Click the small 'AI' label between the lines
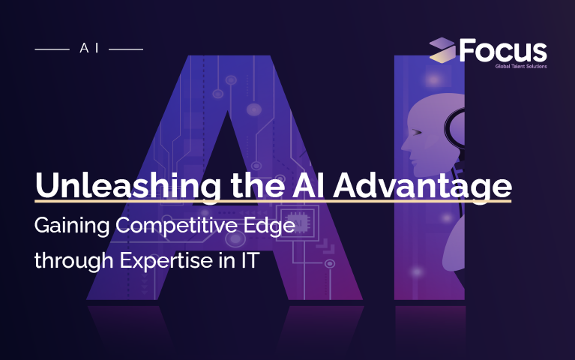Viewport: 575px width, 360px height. [x=89, y=47]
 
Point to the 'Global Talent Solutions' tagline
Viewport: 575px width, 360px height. [x=520, y=66]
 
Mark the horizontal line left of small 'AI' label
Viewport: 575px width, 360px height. [x=52, y=48]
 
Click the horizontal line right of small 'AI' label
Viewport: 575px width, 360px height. [x=125, y=48]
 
